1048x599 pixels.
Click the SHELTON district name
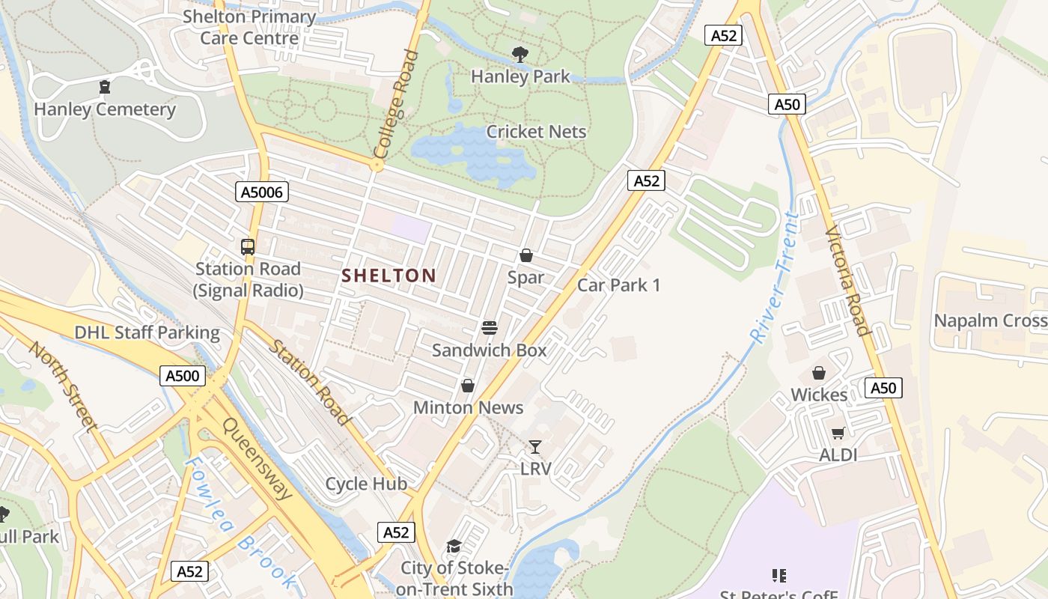click(389, 276)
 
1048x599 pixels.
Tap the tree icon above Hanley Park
click(520, 54)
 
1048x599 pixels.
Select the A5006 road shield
click(262, 192)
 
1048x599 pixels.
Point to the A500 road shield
click(183, 376)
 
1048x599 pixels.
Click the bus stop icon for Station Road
click(248, 246)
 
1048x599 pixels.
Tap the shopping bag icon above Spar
click(526, 255)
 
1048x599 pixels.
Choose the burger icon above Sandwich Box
click(490, 327)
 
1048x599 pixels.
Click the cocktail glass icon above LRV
click(535, 447)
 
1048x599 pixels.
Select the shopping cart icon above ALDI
click(838, 433)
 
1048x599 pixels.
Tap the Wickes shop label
click(819, 395)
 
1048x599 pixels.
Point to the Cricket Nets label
click(536, 132)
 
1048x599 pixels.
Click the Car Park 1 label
click(618, 285)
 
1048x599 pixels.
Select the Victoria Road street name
click(847, 281)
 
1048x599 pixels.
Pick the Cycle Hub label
click(366, 484)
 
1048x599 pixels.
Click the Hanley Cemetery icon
click(105, 87)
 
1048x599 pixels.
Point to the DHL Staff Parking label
click(147, 332)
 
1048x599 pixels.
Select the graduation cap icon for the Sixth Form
click(454, 546)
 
